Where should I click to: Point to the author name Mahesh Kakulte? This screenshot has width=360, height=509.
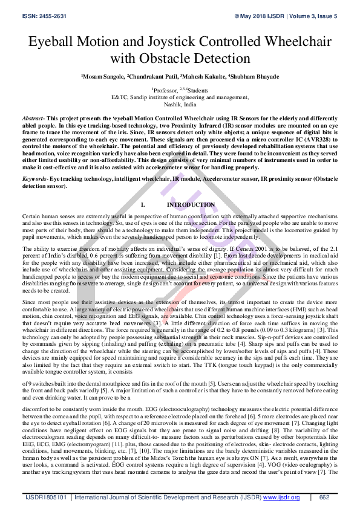coord(204,77)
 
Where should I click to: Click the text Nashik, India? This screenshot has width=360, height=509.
coord(180,104)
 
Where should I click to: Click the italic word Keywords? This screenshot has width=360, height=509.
coord(34,180)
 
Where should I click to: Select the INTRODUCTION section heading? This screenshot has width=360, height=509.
coord(191,205)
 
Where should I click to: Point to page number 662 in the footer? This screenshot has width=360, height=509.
coord(324,498)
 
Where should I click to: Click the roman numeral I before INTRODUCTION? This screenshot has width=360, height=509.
coord(140,205)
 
